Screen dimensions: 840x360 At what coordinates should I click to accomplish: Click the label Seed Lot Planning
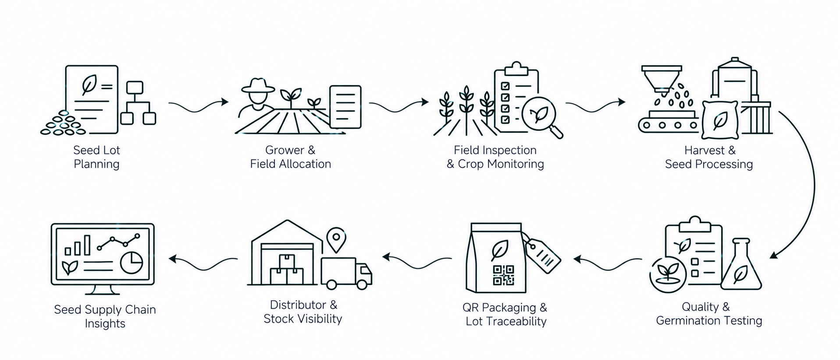coord(96,157)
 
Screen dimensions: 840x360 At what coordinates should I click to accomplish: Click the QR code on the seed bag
coord(503,275)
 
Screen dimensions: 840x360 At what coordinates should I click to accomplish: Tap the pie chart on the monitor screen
coord(132,263)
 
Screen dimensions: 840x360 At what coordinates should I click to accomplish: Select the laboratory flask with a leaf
coord(741,264)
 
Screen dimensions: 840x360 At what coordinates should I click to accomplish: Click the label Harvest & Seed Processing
coord(709,157)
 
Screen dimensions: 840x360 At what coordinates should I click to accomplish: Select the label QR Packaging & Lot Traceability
coord(505,314)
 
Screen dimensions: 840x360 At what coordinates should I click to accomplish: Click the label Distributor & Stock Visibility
coord(303,312)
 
